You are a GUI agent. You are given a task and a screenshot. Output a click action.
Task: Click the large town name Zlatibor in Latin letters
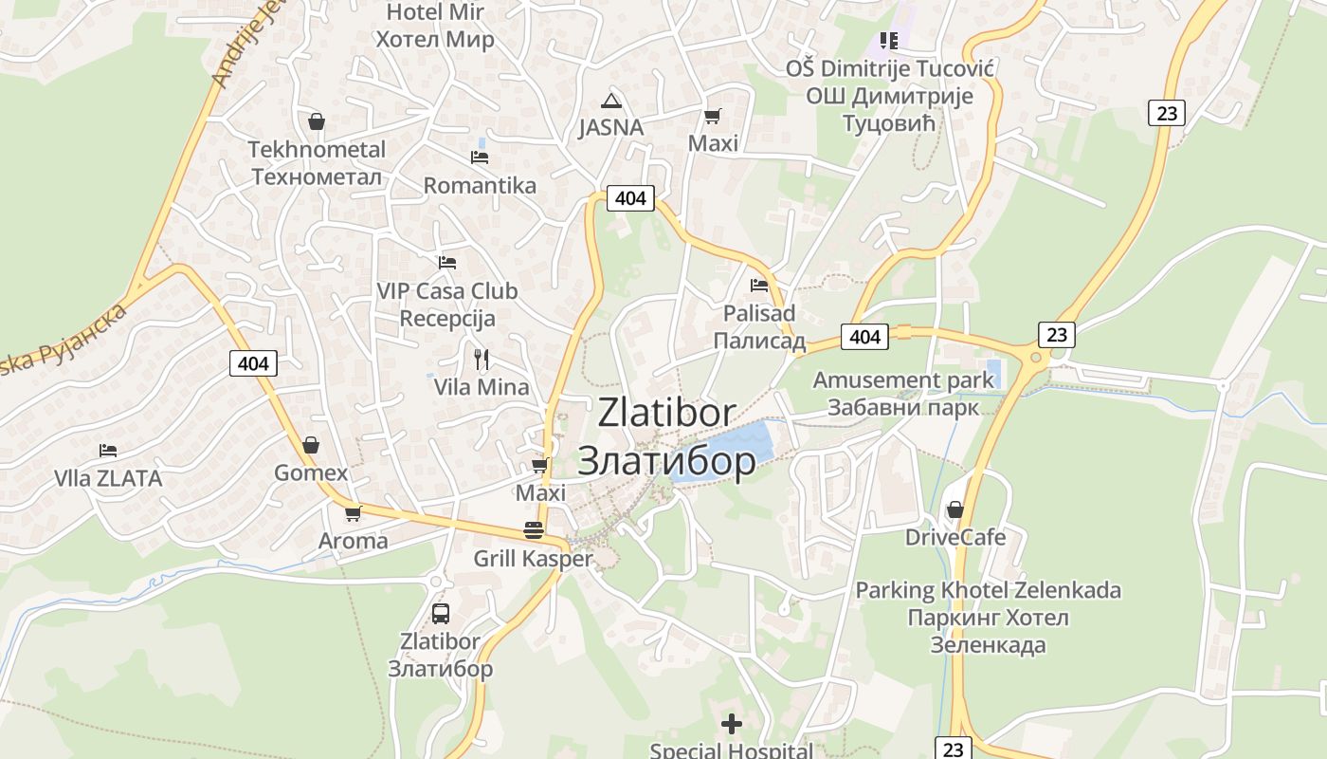pyautogui.click(x=666, y=413)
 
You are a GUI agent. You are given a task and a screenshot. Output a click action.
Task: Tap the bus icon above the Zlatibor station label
pyautogui.click(x=440, y=613)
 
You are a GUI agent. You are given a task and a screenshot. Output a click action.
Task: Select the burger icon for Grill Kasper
pyautogui.click(x=534, y=530)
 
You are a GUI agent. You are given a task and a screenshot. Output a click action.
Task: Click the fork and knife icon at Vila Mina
pyautogui.click(x=482, y=359)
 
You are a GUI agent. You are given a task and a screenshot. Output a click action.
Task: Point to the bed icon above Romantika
pyautogui.click(x=480, y=157)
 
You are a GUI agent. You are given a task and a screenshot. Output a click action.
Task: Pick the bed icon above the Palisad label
pyautogui.click(x=758, y=285)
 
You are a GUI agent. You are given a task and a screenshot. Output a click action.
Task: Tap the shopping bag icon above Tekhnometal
pyautogui.click(x=317, y=121)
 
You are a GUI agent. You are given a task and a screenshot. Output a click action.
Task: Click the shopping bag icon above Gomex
pyautogui.click(x=311, y=445)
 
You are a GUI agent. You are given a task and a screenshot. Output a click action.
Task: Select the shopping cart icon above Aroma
pyautogui.click(x=353, y=513)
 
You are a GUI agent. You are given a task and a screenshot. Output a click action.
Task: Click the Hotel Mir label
pyautogui.click(x=435, y=13)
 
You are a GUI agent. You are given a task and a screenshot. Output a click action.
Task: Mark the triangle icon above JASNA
pyautogui.click(x=611, y=101)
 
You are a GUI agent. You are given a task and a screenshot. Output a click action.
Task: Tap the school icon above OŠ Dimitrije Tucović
pyautogui.click(x=888, y=40)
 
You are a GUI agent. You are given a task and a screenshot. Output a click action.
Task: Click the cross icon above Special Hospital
pyautogui.click(x=732, y=724)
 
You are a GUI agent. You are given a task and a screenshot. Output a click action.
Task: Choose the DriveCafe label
pyautogui.click(x=954, y=537)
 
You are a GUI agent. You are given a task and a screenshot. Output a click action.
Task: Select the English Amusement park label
pyautogui.click(x=903, y=380)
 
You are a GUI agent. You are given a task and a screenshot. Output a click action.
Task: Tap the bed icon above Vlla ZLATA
pyautogui.click(x=108, y=450)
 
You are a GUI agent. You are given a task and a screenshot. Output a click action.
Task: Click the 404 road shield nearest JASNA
pyautogui.click(x=630, y=197)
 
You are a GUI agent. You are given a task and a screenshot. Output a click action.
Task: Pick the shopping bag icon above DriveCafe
pyautogui.click(x=954, y=509)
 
